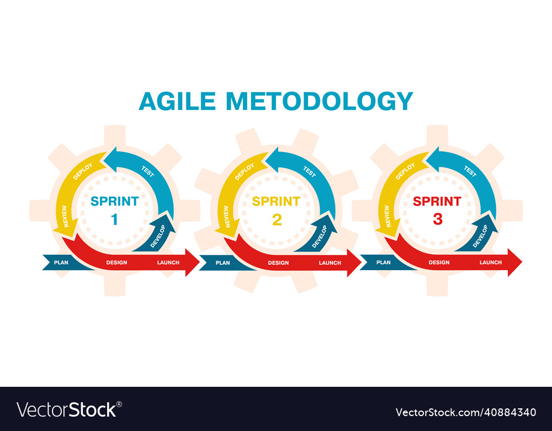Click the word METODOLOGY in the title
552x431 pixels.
click(319, 101)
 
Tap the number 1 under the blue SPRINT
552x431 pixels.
click(114, 220)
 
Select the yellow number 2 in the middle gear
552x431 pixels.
click(277, 220)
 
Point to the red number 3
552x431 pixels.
click(437, 219)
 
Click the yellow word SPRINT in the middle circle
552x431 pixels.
click(276, 201)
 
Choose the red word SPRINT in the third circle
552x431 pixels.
click(437, 201)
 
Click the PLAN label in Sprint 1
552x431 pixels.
click(61, 262)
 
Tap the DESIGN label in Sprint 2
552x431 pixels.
click(278, 263)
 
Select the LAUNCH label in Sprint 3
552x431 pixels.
click(491, 262)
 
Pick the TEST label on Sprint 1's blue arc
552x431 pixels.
click(147, 172)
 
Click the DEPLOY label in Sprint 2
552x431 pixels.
click(245, 172)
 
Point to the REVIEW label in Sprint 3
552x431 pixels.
click(387, 216)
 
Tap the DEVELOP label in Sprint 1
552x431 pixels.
click(157, 236)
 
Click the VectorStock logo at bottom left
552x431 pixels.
click(69, 409)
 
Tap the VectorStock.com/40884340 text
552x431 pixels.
click(465, 412)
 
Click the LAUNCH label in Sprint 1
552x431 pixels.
click(168, 262)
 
